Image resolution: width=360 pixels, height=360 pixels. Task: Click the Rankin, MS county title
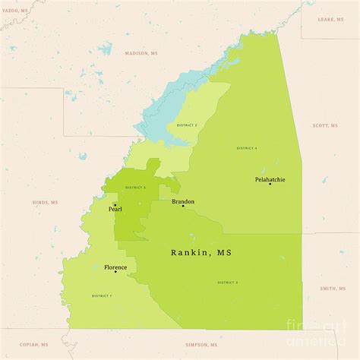tap(201, 253)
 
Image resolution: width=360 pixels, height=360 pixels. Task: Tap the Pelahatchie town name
tap(270, 179)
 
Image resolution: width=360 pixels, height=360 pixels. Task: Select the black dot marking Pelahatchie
tap(270, 185)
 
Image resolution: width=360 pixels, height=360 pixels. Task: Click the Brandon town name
tap(183, 201)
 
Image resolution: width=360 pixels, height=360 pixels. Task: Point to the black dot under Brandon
tap(183, 206)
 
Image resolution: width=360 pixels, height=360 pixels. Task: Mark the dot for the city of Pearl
tap(115, 204)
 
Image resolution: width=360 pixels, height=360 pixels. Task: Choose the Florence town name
tap(115, 267)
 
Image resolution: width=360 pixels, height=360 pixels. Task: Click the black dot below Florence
tap(115, 272)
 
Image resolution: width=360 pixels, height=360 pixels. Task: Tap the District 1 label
tap(101, 295)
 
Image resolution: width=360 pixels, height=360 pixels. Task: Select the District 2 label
tap(188, 125)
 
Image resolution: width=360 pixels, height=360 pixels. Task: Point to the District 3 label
tap(228, 283)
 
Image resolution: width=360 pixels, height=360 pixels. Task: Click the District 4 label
tap(247, 148)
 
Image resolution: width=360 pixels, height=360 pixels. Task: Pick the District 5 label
tap(135, 187)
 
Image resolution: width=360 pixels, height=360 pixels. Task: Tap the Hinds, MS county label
tap(45, 203)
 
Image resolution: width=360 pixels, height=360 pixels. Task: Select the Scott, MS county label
tap(325, 126)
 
